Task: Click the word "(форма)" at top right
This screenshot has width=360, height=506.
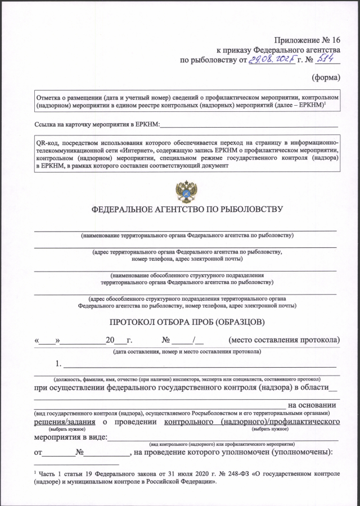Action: pyautogui.click(x=326, y=78)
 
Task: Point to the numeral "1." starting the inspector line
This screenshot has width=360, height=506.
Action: pyautogui.click(x=58, y=364)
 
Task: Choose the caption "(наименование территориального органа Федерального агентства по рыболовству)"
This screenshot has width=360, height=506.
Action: pyautogui.click(x=186, y=235)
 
